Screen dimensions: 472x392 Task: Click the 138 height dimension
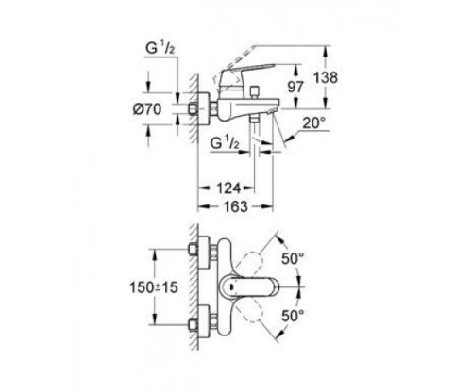[x=326, y=77]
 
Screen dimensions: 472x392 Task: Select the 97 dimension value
[x=295, y=87]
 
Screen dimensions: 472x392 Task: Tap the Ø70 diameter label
[x=147, y=109]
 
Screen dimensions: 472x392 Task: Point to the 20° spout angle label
[x=313, y=122]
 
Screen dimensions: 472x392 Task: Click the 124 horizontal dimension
[x=228, y=188]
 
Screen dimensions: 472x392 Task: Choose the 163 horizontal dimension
[x=235, y=206]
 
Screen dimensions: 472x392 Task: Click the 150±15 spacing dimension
[x=154, y=287]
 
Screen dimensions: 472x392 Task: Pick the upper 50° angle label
[x=293, y=258]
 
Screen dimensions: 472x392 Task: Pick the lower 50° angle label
[x=293, y=316]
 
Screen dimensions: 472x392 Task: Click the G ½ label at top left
[x=160, y=48]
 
